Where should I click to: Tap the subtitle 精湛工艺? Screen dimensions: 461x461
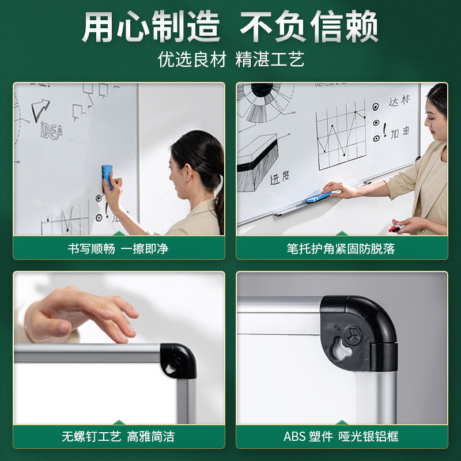tap(269, 59)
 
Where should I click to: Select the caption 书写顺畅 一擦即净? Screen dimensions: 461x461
tap(118, 249)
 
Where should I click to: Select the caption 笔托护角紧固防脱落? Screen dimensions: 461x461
tap(341, 249)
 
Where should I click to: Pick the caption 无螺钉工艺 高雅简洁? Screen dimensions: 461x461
tap(118, 436)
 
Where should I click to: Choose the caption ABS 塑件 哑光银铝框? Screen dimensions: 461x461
tap(341, 436)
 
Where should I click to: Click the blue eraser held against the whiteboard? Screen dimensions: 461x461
tap(108, 177)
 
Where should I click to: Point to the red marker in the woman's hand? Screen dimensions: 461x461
tap(396, 229)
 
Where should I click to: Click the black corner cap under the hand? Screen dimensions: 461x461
tap(178, 360)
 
